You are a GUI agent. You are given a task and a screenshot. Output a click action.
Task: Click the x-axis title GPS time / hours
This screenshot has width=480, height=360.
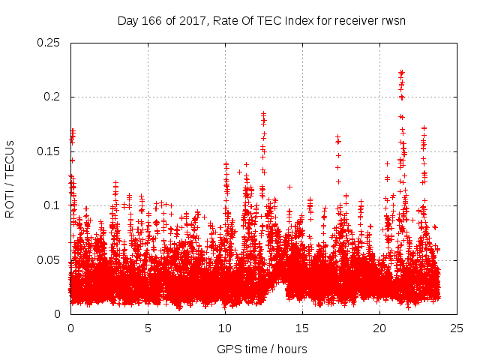click(262, 349)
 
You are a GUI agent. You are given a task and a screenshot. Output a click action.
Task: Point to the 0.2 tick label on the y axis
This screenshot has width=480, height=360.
click(55, 97)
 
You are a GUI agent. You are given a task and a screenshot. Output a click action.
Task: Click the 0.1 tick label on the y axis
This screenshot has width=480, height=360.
click(55, 205)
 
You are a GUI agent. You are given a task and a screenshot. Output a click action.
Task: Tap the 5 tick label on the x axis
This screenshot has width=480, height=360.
click(148, 328)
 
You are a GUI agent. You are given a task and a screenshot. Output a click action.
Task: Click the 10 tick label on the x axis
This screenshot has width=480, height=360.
click(225, 328)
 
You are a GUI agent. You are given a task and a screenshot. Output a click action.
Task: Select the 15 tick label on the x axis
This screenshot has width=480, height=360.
click(302, 328)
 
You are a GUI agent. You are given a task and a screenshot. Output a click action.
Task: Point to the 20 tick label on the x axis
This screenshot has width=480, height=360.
click(379, 328)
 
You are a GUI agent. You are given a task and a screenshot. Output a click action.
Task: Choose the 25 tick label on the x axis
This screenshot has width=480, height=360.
click(457, 328)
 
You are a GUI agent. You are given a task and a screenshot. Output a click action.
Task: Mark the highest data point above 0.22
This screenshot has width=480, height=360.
click(401, 73)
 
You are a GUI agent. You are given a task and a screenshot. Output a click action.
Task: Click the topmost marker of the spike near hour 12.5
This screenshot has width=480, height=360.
click(263, 114)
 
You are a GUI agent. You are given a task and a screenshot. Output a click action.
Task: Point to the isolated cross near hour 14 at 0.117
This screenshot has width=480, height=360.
click(289, 187)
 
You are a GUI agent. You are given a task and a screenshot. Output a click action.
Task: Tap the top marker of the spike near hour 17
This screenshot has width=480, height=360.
click(337, 137)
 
